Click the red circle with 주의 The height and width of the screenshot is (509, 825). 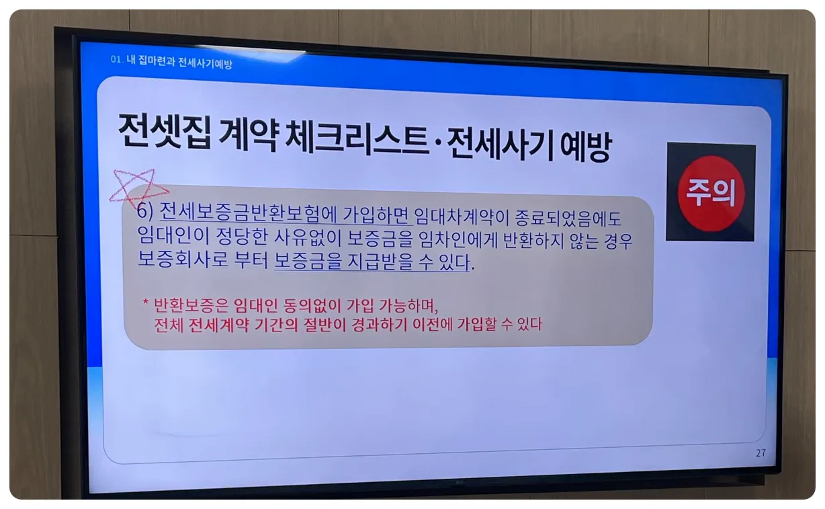(711, 193)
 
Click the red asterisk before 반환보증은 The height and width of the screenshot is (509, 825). (145, 303)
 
